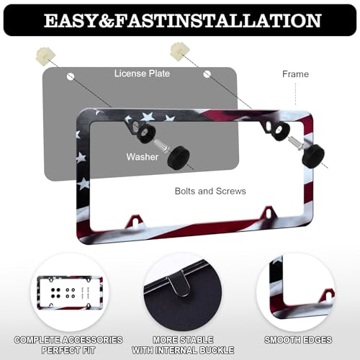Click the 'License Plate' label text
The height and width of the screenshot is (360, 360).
pyautogui.click(x=142, y=73)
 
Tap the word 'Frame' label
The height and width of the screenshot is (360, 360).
pyautogui.click(x=295, y=74)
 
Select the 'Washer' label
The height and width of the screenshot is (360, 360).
pyautogui.click(x=143, y=157)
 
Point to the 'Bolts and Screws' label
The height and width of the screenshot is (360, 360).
pyautogui.click(x=210, y=191)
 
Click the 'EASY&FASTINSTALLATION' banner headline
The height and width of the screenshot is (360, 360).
pyautogui.click(x=182, y=21)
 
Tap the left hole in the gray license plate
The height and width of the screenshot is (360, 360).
pyautogui.click(x=71, y=77)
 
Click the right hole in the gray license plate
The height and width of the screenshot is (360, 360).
pyautogui.click(x=207, y=74)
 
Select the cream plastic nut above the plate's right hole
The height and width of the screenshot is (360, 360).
pyautogui.click(x=180, y=51)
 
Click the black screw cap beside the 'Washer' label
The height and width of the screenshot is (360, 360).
pyautogui.click(x=179, y=157)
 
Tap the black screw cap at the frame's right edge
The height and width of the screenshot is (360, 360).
pyautogui.click(x=313, y=155)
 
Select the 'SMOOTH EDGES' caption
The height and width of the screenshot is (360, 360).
pyautogui.click(x=298, y=340)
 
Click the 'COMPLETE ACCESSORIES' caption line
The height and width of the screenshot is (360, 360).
pyautogui.click(x=68, y=340)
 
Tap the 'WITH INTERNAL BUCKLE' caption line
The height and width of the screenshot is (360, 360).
pyautogui.click(x=183, y=350)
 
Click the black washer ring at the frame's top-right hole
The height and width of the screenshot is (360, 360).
pyautogui.click(x=280, y=131)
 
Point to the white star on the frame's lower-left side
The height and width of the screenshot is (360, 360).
pyautogui.click(x=84, y=184)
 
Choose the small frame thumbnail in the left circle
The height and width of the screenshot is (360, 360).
pyautogui.click(x=70, y=292)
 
